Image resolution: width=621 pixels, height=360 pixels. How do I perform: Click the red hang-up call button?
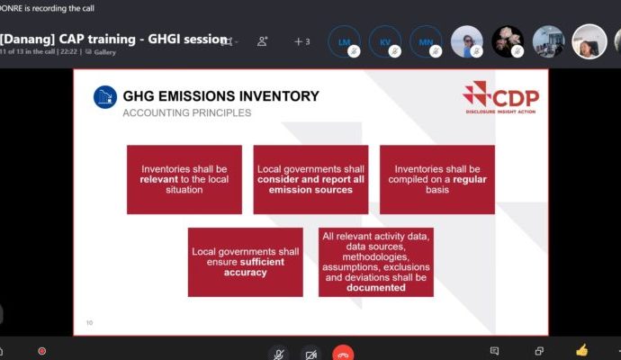(342, 352)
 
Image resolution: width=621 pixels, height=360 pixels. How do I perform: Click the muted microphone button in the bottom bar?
(280, 353)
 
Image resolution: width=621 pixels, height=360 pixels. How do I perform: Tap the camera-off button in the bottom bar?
(310, 353)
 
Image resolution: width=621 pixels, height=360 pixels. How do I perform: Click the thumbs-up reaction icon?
(581, 350)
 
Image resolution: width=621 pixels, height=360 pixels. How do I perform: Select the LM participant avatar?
(344, 41)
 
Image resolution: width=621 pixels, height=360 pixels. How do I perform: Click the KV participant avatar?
(384, 41)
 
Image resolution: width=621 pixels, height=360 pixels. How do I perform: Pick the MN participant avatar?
(425, 41)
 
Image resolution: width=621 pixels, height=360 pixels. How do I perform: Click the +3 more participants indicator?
(301, 41)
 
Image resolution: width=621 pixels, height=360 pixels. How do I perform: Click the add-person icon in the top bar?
(263, 41)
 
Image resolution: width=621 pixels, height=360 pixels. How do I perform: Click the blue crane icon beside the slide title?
(106, 97)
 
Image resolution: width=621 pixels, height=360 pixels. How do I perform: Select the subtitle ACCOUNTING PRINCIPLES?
(186, 112)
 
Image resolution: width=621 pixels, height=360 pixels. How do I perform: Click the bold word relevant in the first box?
(161, 179)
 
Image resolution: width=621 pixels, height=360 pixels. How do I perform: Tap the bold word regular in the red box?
(468, 179)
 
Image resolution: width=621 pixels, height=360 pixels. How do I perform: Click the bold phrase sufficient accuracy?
(245, 267)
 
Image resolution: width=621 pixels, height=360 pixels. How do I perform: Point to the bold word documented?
(375, 288)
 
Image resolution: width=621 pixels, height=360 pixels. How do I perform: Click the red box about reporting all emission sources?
(310, 179)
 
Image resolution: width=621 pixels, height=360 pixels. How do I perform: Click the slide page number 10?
(89, 322)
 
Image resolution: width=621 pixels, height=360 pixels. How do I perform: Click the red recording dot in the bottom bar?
(41, 351)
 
